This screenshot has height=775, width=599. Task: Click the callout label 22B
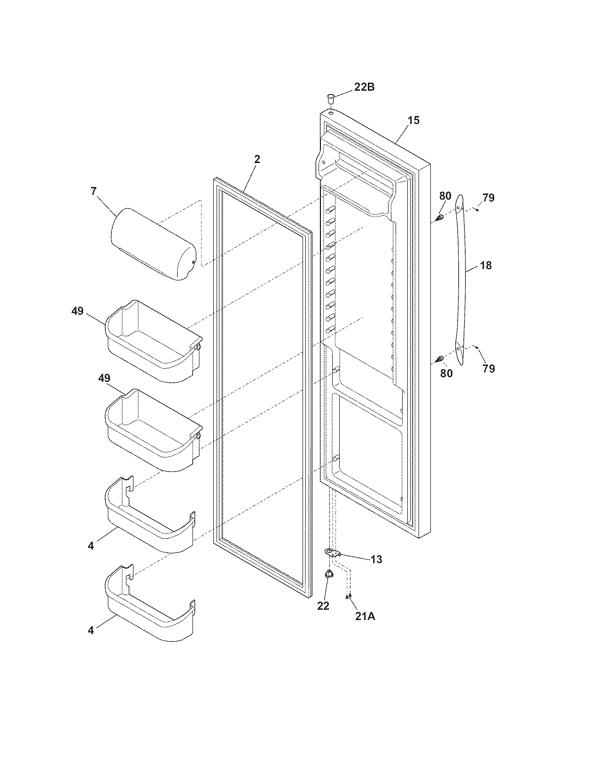click(364, 87)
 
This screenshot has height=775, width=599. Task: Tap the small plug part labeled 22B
click(331, 98)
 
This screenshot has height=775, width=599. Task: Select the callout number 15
click(413, 120)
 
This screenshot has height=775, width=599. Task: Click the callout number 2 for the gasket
click(257, 159)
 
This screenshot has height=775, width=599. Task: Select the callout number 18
click(485, 265)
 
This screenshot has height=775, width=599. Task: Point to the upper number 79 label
click(488, 198)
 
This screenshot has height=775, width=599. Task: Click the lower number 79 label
click(488, 369)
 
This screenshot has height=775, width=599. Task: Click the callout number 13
click(376, 559)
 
